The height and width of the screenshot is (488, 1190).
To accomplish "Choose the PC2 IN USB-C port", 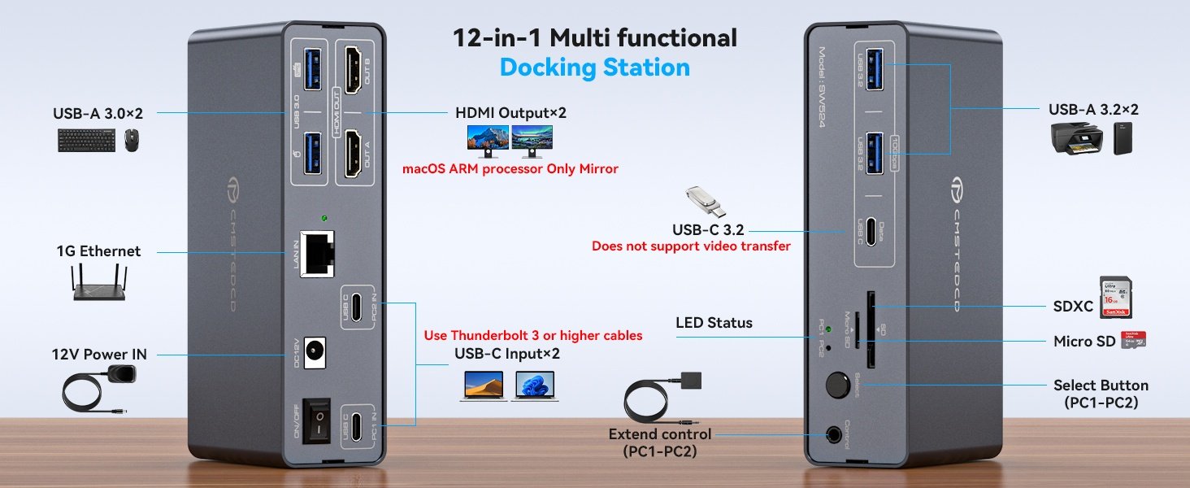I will click(x=358, y=306).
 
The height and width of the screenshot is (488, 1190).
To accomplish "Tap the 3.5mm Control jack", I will click(x=836, y=434).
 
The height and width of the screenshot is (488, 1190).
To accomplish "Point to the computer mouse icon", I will click(x=132, y=141).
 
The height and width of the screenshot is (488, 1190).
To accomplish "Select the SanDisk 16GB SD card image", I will click(x=1115, y=297).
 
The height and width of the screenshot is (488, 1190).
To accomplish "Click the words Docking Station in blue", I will click(x=594, y=67).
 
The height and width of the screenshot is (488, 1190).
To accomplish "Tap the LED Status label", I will click(x=714, y=323).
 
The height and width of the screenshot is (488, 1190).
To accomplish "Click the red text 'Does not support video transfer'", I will click(x=690, y=246).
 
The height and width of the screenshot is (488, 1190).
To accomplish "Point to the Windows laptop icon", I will click(x=535, y=386).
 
